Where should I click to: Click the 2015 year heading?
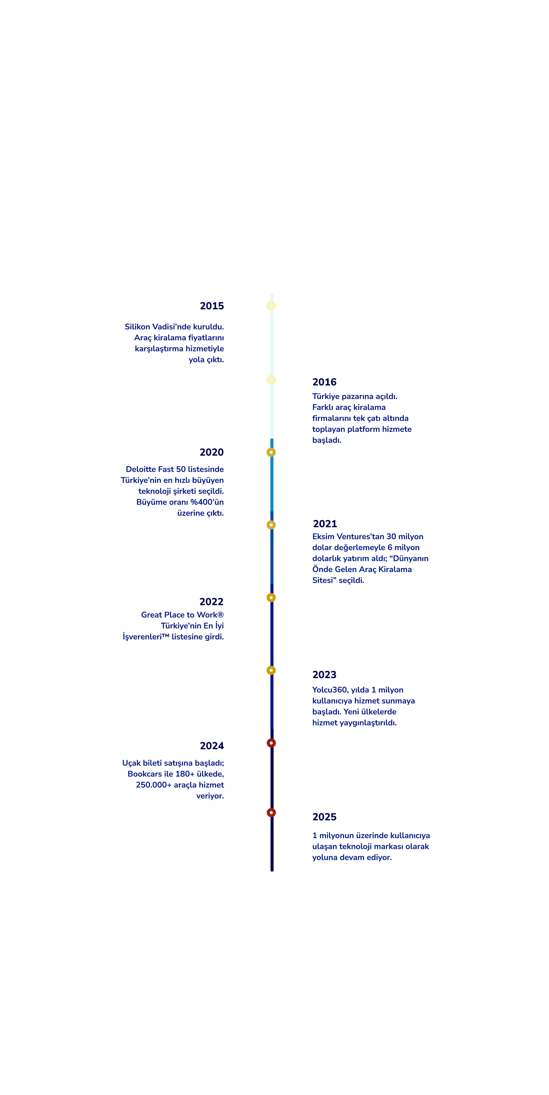[212, 306]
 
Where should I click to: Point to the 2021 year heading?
[325, 524]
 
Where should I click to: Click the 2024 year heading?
[212, 746]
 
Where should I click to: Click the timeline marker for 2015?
[271, 306]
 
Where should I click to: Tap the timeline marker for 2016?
[271, 380]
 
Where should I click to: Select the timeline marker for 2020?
[271, 452]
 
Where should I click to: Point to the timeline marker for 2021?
[271, 525]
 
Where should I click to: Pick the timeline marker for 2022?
[271, 598]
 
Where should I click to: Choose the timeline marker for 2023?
[271, 670]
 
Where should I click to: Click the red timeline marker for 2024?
[271, 743]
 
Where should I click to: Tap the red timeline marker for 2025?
[271, 813]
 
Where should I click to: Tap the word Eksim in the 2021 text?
[323, 537]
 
